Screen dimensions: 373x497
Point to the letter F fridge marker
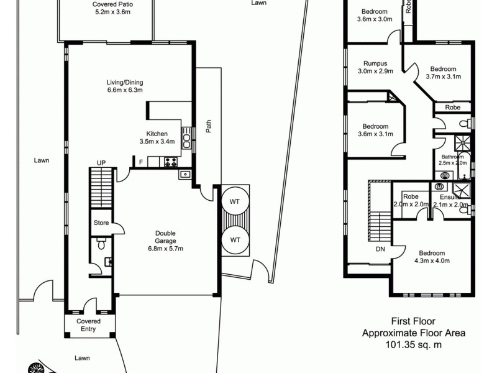click(x=141, y=163)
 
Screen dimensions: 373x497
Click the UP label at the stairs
click(x=101, y=163)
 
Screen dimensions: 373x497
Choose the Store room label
click(x=101, y=223)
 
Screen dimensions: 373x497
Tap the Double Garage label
click(x=165, y=241)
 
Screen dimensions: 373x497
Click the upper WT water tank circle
click(x=235, y=202)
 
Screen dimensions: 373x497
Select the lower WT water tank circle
click(x=235, y=239)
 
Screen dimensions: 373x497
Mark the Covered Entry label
click(x=88, y=325)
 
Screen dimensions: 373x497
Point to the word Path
click(x=209, y=126)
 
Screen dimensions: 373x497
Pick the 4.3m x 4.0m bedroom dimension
click(x=432, y=261)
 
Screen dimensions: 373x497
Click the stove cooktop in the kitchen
click(x=171, y=162)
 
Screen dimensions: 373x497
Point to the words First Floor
click(x=413, y=321)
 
